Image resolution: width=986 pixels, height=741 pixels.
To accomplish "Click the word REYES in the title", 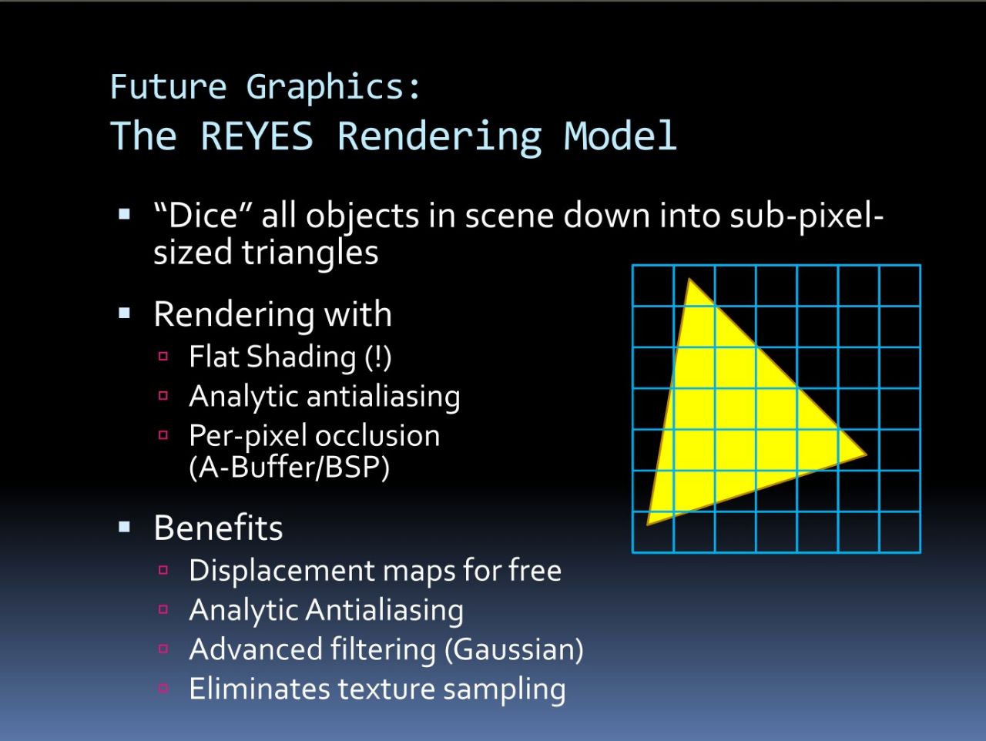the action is (257, 136).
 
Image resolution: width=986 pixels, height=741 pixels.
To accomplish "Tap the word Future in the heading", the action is (169, 86).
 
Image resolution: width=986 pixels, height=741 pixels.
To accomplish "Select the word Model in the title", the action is (620, 136).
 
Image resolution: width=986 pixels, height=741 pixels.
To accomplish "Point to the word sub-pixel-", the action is (807, 218).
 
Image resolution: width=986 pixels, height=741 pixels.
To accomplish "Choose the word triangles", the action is (310, 253).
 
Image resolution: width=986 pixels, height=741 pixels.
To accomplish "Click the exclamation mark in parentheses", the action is (377, 357).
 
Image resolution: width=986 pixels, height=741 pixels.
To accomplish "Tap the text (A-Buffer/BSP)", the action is (290, 468).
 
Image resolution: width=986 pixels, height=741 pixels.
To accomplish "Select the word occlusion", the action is (377, 436).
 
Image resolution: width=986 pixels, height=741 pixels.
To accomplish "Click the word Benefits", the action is (218, 528).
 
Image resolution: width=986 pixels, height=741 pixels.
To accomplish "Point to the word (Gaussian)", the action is (514, 650).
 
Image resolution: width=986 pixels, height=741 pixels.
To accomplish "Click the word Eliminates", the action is (260, 689).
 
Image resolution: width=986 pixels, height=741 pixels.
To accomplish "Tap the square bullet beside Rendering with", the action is (125, 313).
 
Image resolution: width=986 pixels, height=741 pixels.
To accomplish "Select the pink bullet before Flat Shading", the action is (163, 357).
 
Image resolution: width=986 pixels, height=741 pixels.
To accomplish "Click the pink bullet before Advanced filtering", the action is (163, 649).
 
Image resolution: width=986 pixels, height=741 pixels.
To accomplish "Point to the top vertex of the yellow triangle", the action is (689, 279).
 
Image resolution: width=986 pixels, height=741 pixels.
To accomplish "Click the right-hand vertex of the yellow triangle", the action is (866, 454).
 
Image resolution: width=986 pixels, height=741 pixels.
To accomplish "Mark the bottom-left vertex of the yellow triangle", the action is (647, 525).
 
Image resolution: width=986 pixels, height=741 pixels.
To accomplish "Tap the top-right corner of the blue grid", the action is (920, 266).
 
